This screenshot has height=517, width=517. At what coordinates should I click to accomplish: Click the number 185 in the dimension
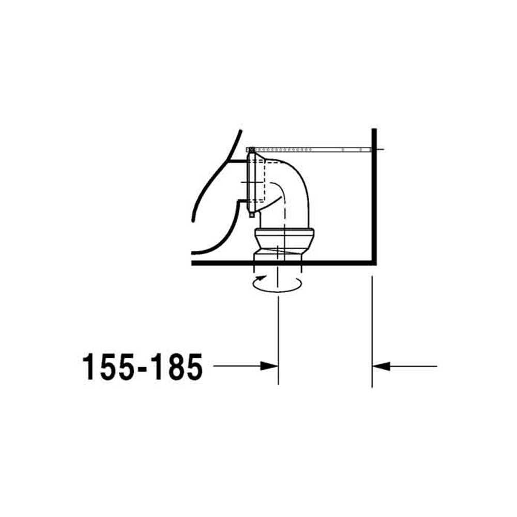point(178,367)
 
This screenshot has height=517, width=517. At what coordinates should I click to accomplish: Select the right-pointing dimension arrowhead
point(269,366)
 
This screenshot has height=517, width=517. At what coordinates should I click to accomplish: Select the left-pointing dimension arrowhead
point(381,366)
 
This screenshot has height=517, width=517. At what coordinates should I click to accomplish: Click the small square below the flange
point(252,215)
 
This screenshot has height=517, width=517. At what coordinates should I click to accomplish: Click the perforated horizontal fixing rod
point(312,150)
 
